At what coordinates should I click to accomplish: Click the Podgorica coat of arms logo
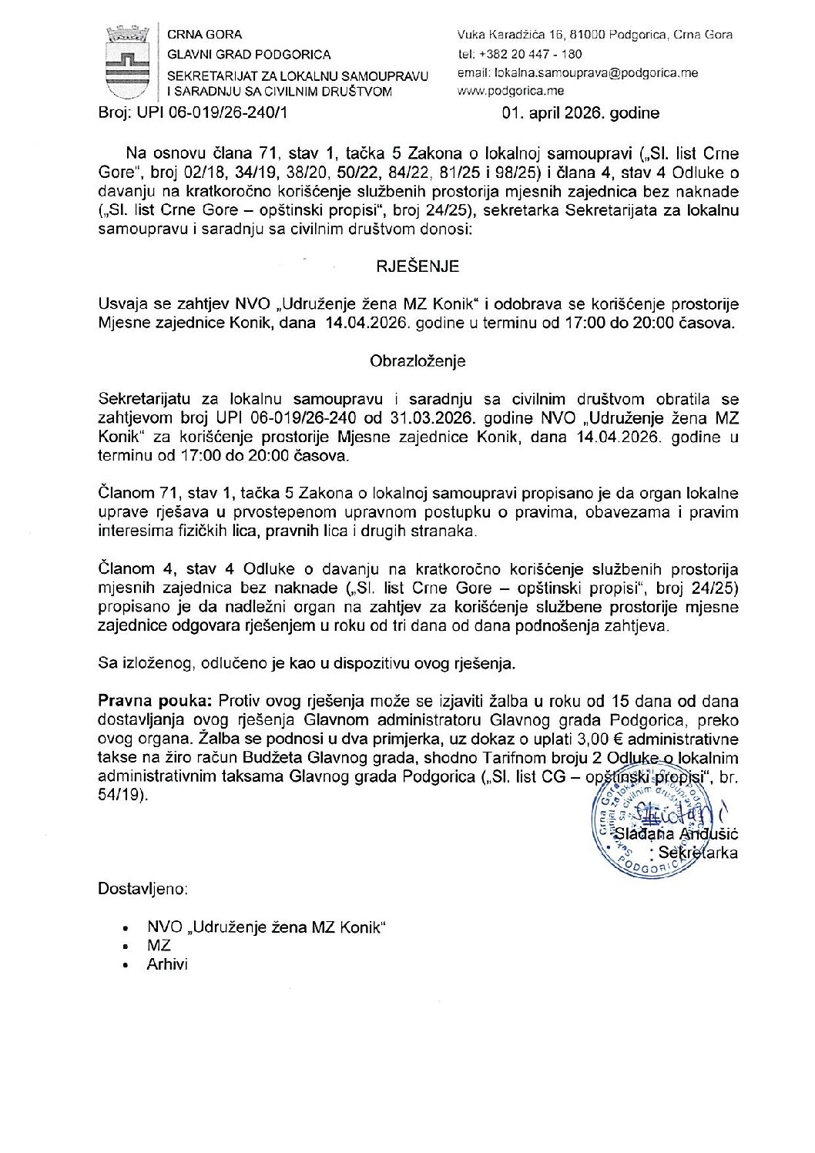click(x=128, y=62)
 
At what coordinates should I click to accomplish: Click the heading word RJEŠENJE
click(x=418, y=266)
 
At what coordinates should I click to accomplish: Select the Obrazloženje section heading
click(x=418, y=361)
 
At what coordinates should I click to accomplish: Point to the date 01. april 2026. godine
click(x=580, y=113)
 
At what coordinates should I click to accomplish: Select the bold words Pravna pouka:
click(x=156, y=701)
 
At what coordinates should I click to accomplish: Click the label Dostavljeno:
click(x=143, y=889)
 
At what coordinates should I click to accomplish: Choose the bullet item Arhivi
click(x=167, y=964)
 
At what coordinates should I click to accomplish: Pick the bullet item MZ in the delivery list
click(x=159, y=946)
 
